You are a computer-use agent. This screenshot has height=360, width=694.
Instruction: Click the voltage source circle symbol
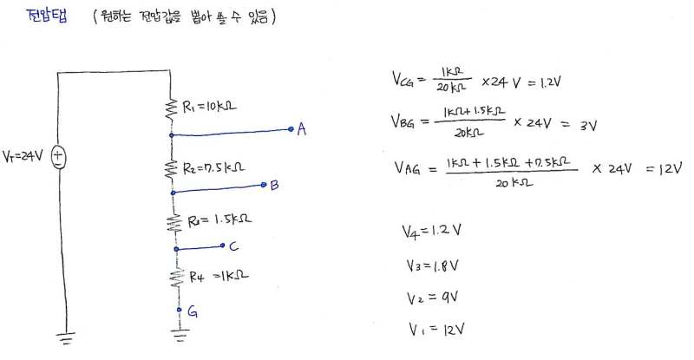pyautogui.click(x=59, y=157)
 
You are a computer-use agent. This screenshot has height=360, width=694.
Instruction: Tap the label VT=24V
pyautogui.click(x=24, y=157)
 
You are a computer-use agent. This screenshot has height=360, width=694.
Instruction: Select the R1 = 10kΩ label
pyautogui.click(x=211, y=108)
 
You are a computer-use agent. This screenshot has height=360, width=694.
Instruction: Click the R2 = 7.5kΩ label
pyautogui.click(x=214, y=165)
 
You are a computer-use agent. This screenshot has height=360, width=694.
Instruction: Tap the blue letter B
pyautogui.click(x=274, y=185)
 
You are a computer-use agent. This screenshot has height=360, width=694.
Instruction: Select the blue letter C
pyautogui.click(x=233, y=245)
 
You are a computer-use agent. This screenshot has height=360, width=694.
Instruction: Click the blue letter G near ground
pyautogui.click(x=192, y=312)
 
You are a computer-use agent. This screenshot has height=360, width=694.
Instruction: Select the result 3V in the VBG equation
pyautogui.click(x=589, y=125)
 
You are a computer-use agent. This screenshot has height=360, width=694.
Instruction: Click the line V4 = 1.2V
pyautogui.click(x=431, y=232)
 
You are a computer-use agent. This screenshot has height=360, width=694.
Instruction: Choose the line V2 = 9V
pyautogui.click(x=429, y=298)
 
